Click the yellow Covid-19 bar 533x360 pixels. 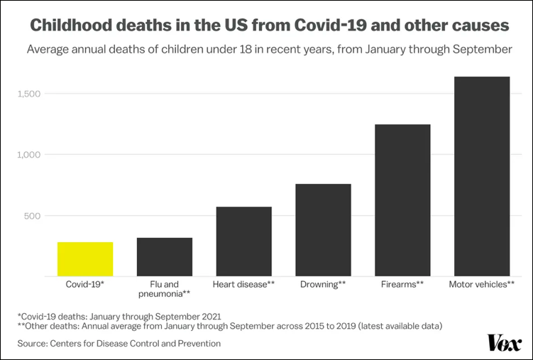(x=85, y=258)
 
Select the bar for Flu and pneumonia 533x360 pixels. (x=165, y=256)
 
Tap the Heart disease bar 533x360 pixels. (x=243, y=241)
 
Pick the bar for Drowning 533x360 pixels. (x=323, y=229)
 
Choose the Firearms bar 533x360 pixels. (x=402, y=200)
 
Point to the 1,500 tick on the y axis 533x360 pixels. (x=32, y=94)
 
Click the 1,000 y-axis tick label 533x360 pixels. (x=32, y=155)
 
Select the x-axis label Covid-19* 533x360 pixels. (x=85, y=284)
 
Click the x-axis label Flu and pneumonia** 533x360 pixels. (x=165, y=288)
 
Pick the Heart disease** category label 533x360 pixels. (x=243, y=284)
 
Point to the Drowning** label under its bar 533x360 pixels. (x=323, y=284)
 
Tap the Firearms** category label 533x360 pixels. (x=402, y=284)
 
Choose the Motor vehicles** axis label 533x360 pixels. (x=482, y=284)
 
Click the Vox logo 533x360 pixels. (x=503, y=342)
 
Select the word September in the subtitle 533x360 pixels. (x=480, y=50)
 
